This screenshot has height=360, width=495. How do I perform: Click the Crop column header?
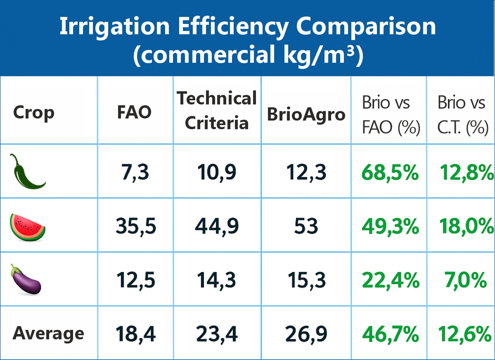tap(33, 112)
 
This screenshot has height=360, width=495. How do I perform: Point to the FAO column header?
tap(134, 112)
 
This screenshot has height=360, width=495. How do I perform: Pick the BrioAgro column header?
tap(306, 114)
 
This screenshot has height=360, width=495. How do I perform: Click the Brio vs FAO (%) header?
tap(391, 116)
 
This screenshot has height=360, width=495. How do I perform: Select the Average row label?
tap(48, 333)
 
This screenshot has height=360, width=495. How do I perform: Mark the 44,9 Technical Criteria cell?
tap(217, 227)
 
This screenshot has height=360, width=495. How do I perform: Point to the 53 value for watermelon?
tap(306, 227)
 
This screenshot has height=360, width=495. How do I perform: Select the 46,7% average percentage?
tap(391, 334)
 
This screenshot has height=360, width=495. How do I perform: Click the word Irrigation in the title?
tap(114, 27)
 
